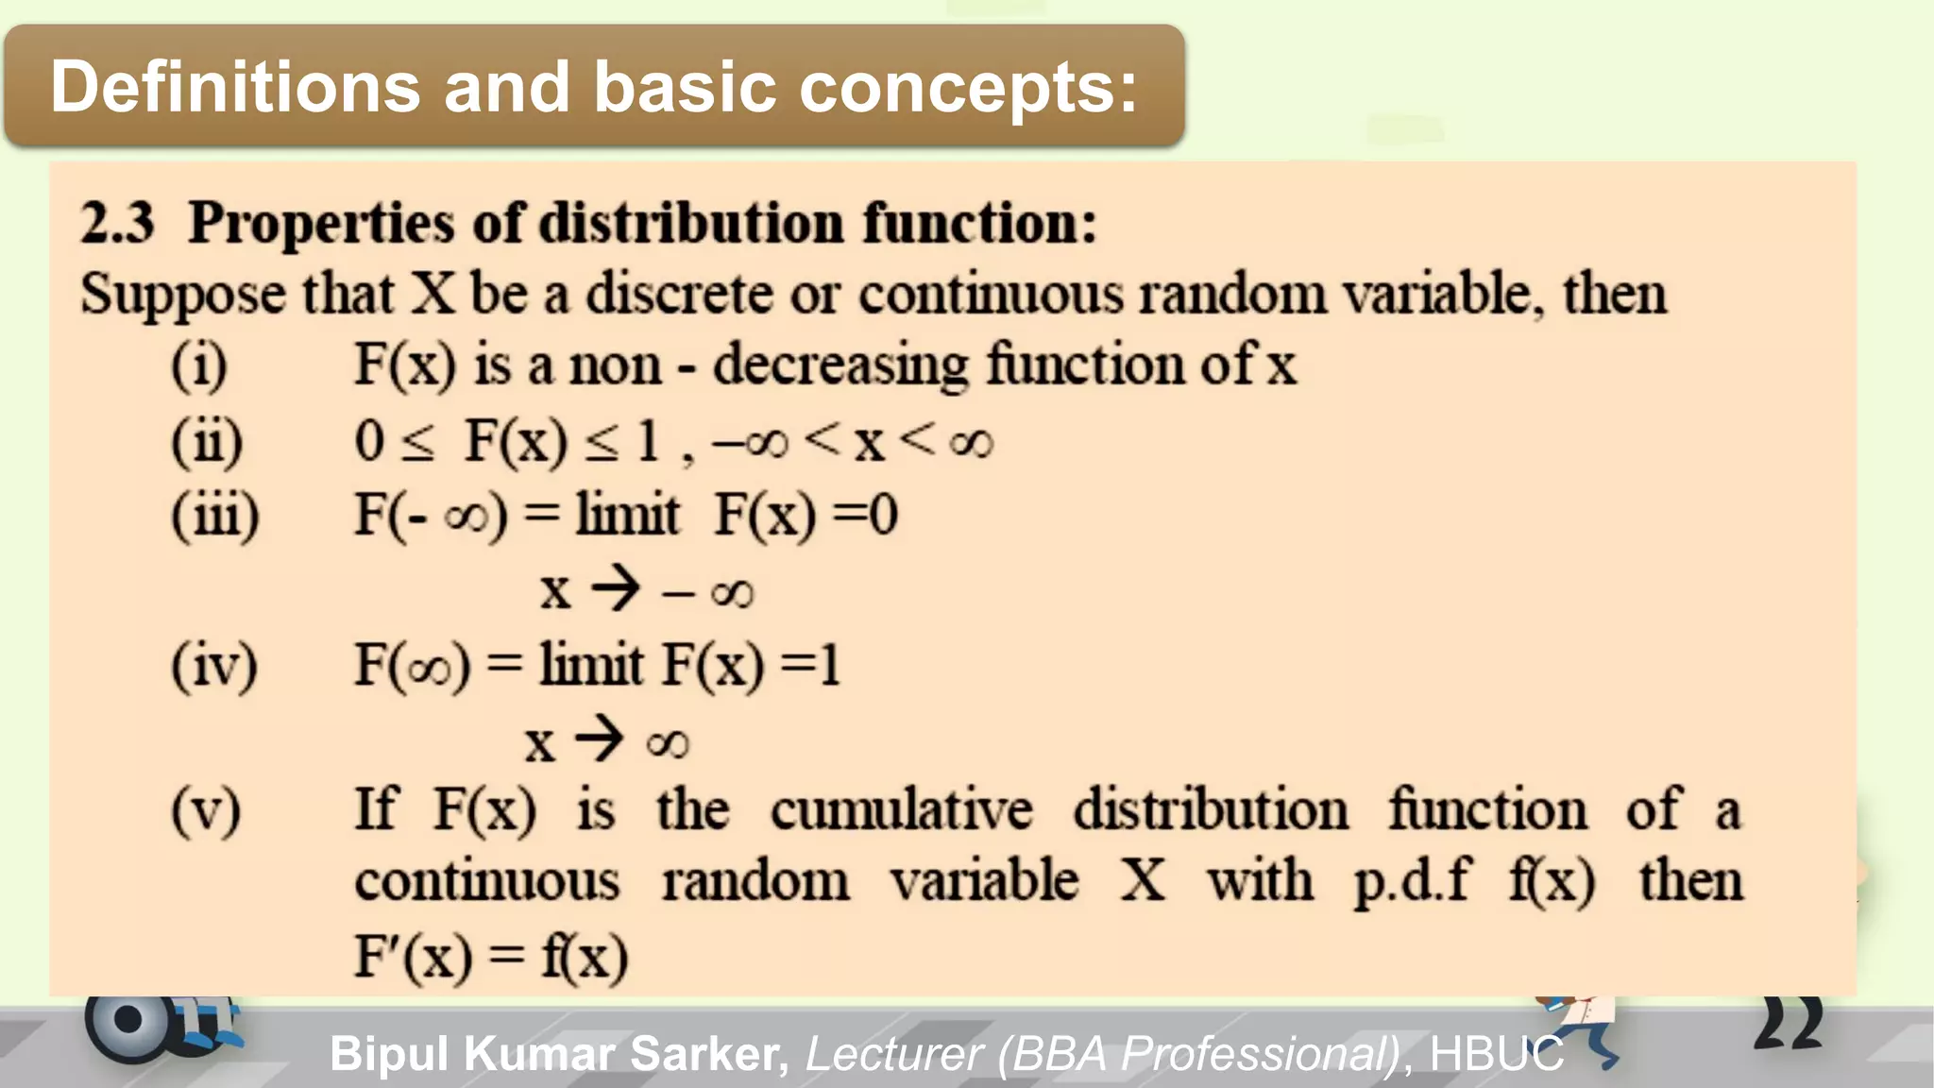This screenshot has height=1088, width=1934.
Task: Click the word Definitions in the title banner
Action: click(x=234, y=87)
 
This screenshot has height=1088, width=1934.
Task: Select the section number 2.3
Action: click(x=117, y=223)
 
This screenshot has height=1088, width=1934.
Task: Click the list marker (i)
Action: click(x=199, y=365)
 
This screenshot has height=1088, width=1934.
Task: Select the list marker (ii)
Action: click(x=207, y=441)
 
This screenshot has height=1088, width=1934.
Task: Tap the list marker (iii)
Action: click(x=214, y=516)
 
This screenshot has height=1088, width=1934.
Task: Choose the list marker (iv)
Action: click(x=213, y=666)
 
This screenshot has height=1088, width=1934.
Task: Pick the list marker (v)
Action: click(x=206, y=810)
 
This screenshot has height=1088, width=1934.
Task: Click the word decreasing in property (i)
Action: click(x=840, y=366)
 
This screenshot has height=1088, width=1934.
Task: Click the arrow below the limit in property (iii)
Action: click(x=616, y=589)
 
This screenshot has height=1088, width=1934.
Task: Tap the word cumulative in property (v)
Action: click(x=902, y=810)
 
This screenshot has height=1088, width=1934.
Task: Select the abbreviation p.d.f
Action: click(x=1411, y=882)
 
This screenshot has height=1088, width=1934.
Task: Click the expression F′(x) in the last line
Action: click(x=414, y=956)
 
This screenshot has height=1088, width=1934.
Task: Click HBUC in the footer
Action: click(x=1497, y=1053)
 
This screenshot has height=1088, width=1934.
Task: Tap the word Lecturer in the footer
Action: click(x=893, y=1053)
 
